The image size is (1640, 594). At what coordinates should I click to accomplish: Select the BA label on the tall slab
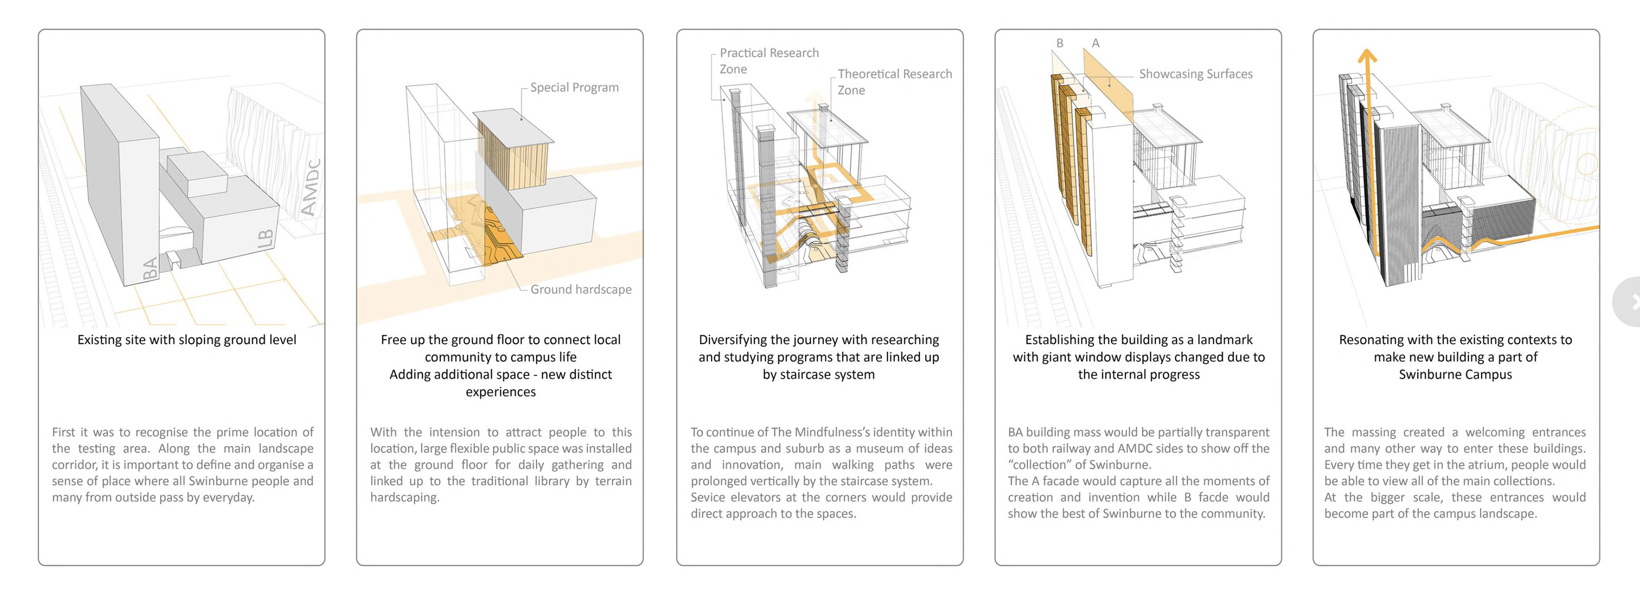(x=150, y=268)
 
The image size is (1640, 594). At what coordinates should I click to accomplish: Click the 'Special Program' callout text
(x=574, y=87)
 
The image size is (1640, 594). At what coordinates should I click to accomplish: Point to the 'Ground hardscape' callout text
(x=581, y=289)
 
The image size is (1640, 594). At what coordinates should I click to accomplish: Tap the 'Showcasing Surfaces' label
(x=1195, y=74)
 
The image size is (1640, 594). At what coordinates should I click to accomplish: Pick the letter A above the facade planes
(x=1096, y=43)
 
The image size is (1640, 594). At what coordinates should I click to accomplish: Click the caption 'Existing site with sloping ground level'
(x=187, y=339)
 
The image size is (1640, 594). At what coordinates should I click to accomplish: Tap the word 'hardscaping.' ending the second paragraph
(x=405, y=497)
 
